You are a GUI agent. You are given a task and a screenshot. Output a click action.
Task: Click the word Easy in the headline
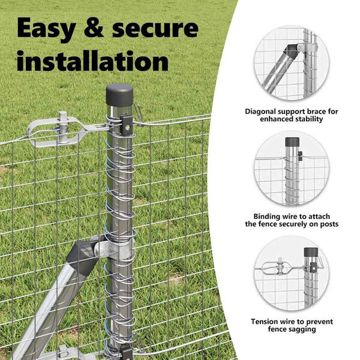pyautogui.click(x=46, y=29)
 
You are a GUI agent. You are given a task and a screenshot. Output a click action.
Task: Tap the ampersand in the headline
pyautogui.click(x=94, y=27)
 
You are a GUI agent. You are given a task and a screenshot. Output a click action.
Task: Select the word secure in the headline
pyautogui.click(x=155, y=28)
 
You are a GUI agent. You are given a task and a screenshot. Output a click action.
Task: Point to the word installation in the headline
pyautogui.click(x=92, y=61)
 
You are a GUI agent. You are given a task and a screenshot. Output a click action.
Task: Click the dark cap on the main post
pyautogui.click(x=119, y=95)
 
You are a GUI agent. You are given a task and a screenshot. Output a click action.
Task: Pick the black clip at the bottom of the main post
pyautogui.click(x=127, y=353)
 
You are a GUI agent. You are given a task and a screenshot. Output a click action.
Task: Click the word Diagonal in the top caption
pyautogui.click(x=260, y=112)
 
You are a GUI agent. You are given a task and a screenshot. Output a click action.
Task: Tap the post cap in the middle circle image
pyautogui.click(x=292, y=142)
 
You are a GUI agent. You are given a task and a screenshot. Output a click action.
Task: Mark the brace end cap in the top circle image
pyautogui.click(x=290, y=52)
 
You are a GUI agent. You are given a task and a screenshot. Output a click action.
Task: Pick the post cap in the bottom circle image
pyautogui.click(x=311, y=252)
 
